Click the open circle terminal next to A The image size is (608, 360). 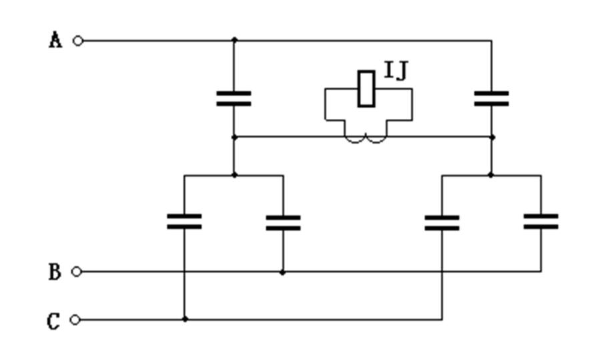[x=78, y=41]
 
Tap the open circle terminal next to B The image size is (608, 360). [x=77, y=272]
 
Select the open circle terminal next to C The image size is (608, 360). [x=75, y=319]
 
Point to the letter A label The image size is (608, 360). [x=55, y=41]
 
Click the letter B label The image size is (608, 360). [x=54, y=273]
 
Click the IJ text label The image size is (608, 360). [x=396, y=71]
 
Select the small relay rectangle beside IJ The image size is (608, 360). [x=366, y=88]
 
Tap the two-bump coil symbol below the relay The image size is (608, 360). [x=366, y=138]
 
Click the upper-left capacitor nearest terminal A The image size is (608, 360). [x=234, y=99]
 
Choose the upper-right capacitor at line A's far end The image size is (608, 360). [x=491, y=99]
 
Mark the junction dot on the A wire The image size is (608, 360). [x=234, y=41]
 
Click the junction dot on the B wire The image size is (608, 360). [x=282, y=272]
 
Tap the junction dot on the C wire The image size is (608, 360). [x=185, y=319]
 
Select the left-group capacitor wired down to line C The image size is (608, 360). [x=184, y=222]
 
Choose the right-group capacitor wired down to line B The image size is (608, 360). [x=541, y=222]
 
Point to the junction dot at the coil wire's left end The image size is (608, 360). [x=234, y=138]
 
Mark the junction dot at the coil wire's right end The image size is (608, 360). [x=492, y=138]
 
